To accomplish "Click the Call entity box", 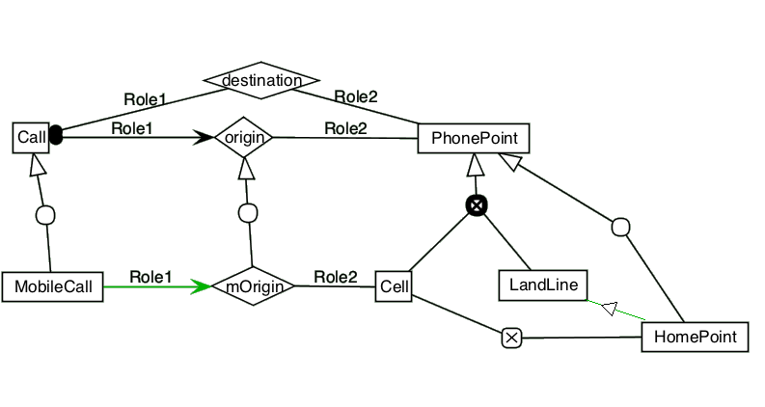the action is pos(31,138).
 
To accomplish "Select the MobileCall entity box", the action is pos(53,287).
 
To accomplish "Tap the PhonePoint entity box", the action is pos(474,138).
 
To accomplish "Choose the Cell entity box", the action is pos(394,286).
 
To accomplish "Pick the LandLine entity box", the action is pos(543,285).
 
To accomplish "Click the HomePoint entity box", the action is pos(695,337).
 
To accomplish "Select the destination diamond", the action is pos(261,80).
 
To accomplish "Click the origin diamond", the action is pos(244,137).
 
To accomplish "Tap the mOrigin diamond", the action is pos(253,286).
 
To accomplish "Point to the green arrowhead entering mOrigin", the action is pos(201,286).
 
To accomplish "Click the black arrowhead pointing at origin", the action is pos(204,137).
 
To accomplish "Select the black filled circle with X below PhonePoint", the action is pos(477,205).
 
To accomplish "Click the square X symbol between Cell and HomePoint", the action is pos(512,338).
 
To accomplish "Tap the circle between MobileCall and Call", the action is pos(46,215).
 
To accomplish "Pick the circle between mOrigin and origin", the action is pos(248,213).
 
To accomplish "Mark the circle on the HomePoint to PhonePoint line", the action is pos(620,228).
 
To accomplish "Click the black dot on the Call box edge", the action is pos(56,135).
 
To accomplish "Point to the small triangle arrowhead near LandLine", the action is pos(610,309).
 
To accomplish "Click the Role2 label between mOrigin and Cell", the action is pos(336,277).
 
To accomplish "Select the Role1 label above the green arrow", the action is pos(150,277).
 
